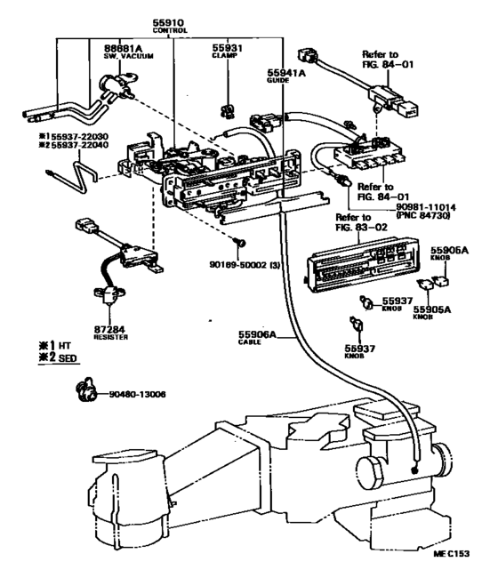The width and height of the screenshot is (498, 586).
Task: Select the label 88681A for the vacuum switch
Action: pyautogui.click(x=100, y=50)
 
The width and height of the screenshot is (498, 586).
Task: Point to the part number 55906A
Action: pyautogui.click(x=258, y=335)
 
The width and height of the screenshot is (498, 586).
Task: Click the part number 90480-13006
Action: pyautogui.click(x=135, y=392)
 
